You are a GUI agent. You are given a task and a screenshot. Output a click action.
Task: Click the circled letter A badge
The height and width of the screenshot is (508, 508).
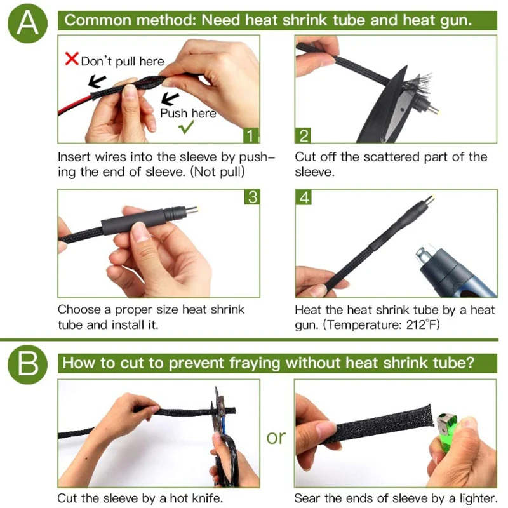tap(27, 23)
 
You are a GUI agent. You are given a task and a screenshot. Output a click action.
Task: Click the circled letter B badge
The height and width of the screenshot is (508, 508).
tap(27, 364)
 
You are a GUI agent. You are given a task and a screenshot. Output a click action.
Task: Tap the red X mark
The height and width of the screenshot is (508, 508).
tap(72, 58)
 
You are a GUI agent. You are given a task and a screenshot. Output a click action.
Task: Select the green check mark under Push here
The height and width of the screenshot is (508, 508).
tap(186, 126)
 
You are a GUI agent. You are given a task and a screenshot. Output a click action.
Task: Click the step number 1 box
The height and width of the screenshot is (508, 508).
tap(251, 135)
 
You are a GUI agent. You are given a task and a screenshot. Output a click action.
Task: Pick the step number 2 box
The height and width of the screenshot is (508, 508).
tap(303, 135)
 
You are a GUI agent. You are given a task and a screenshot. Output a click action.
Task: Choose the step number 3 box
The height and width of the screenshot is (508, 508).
tap(251, 197)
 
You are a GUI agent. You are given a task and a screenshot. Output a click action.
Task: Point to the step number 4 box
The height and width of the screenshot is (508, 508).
tap(304, 197)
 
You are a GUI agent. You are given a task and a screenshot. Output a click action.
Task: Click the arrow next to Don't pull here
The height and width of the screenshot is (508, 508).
tap(97, 82)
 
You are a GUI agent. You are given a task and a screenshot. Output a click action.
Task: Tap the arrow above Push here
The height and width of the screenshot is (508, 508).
tap(170, 99)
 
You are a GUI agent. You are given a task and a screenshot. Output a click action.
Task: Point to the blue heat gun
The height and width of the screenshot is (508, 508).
tap(453, 273)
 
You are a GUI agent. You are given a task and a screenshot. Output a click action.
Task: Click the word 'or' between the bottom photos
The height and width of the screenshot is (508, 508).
tap(276, 438)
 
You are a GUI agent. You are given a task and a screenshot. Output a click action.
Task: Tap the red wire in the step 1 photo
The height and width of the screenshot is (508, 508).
tap(75, 104)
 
